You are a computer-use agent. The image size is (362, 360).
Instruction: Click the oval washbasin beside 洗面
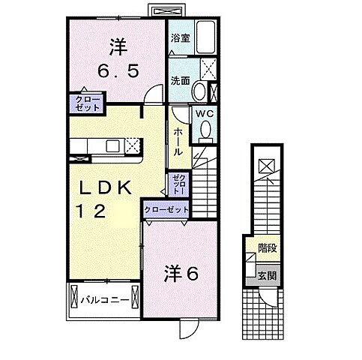[198, 92]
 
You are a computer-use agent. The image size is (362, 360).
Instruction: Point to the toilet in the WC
[206, 132]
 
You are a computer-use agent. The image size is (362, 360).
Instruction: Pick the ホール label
[178, 142]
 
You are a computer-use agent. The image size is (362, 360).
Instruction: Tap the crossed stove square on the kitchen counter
[132, 145]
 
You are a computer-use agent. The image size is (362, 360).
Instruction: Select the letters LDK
[103, 187]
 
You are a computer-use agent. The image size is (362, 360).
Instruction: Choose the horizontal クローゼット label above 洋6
[165, 210]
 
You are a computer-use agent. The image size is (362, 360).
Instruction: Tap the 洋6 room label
[181, 275]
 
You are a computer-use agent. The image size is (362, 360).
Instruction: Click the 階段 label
[268, 247]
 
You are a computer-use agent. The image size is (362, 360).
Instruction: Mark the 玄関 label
[268, 276]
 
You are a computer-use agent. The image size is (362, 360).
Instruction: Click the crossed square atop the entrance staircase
[268, 166]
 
